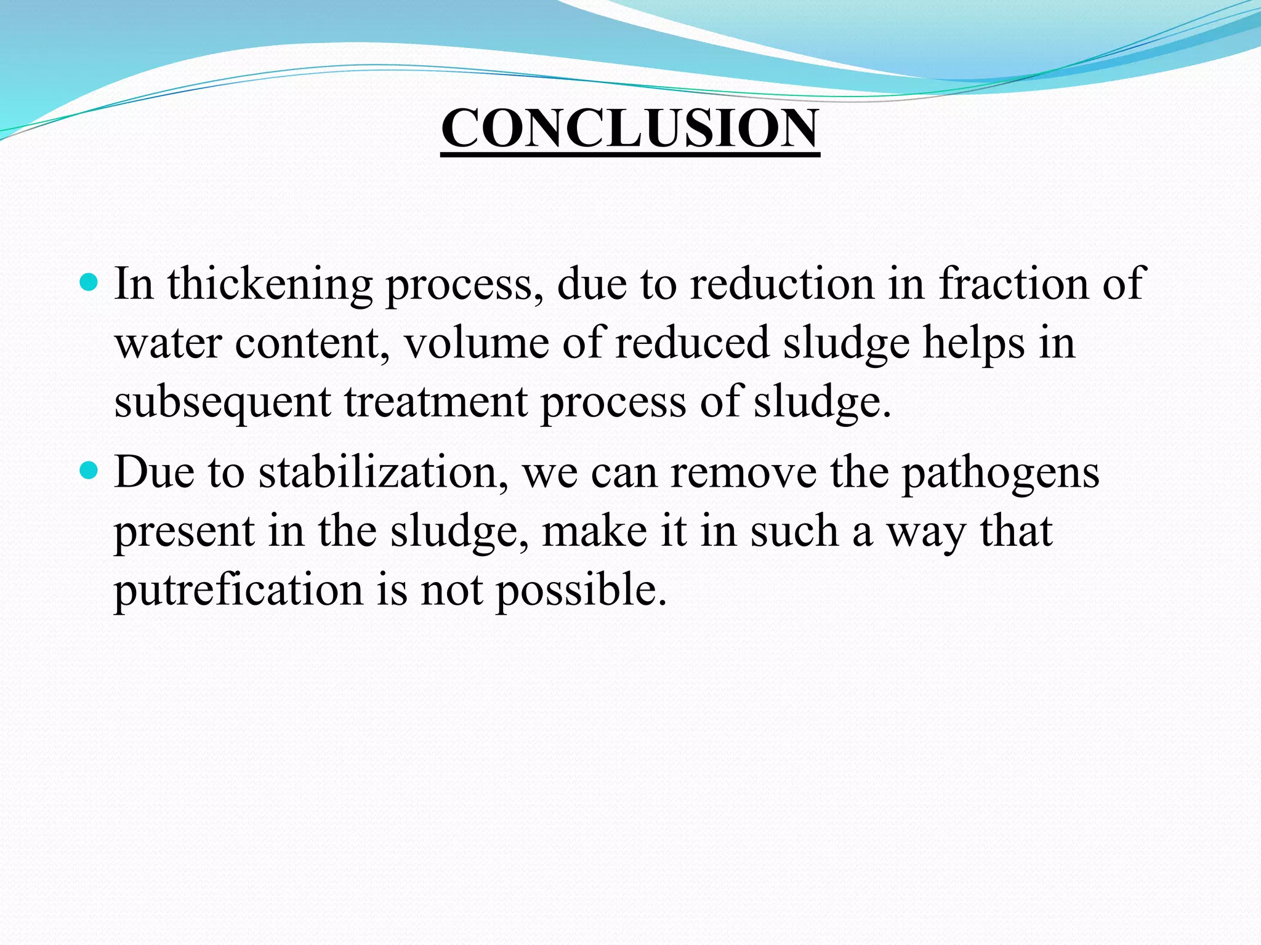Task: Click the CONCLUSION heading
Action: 630,128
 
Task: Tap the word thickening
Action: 270,284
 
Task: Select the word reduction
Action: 782,284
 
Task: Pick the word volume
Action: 476,343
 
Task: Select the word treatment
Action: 435,402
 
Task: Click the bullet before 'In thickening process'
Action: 89,283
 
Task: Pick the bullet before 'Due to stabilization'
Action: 89,472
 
